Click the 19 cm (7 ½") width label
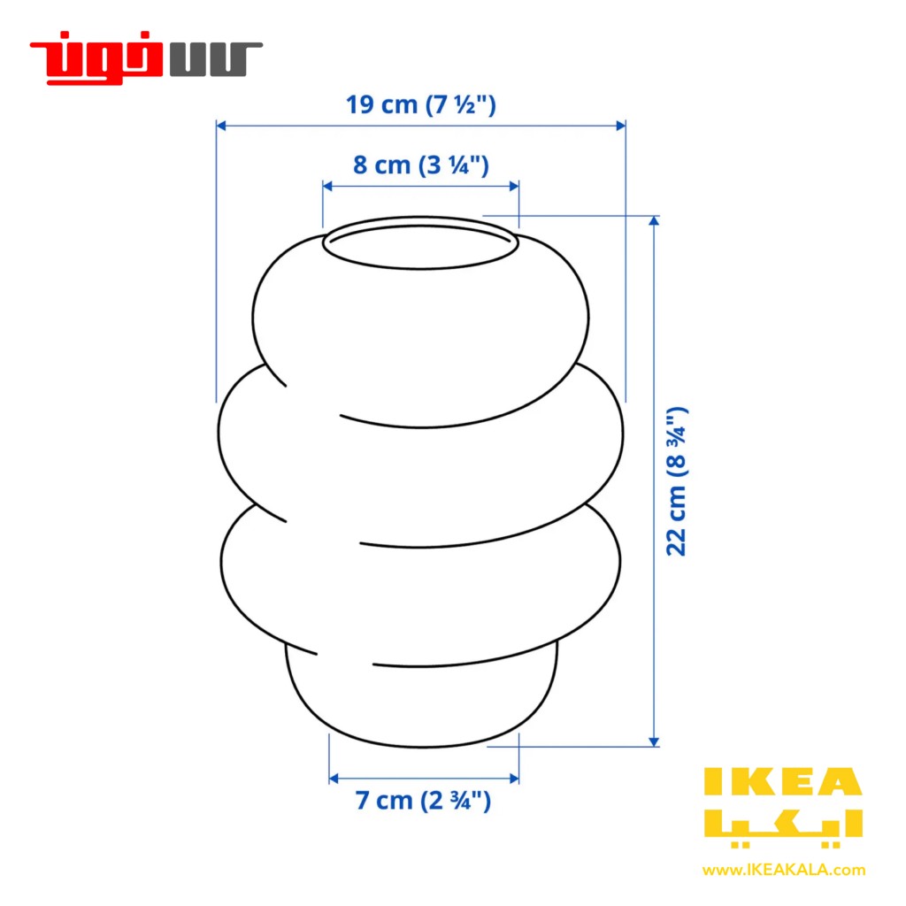tap(420, 104)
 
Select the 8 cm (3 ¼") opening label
tap(421, 165)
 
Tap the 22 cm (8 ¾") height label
tap(677, 481)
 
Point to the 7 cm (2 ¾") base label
tap(423, 801)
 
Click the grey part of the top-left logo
tap(216, 59)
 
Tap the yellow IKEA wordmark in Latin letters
tap(783, 782)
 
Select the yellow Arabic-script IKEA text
tap(783, 827)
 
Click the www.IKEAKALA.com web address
tap(784, 870)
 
